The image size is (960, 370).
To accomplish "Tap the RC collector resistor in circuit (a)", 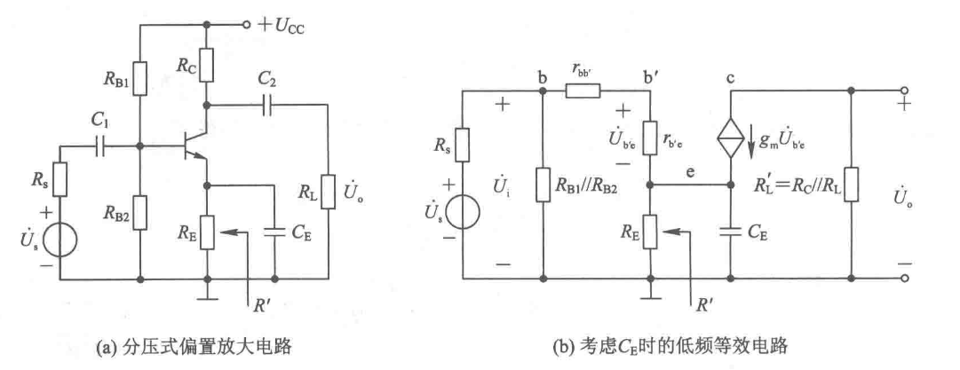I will click(x=206, y=62).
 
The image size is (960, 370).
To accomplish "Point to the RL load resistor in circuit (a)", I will click(x=328, y=190).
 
